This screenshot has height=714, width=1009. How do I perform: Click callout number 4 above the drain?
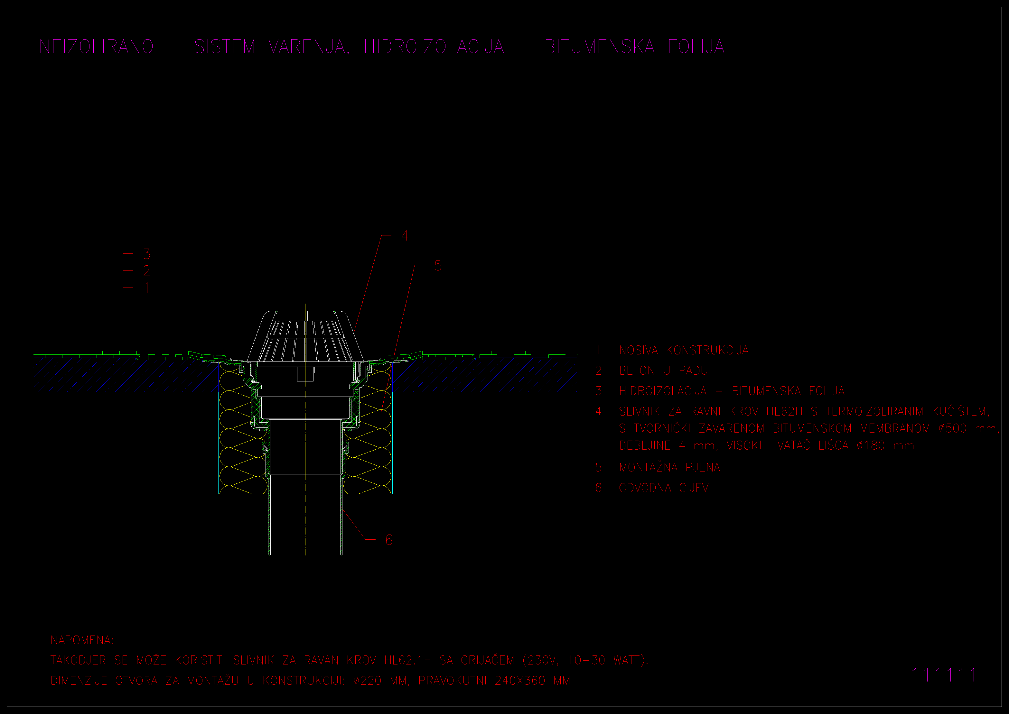pos(405,236)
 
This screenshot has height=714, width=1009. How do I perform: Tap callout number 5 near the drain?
pos(438,266)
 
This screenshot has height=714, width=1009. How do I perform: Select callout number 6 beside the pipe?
pos(389,540)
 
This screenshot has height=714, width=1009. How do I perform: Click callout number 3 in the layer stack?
pos(147,254)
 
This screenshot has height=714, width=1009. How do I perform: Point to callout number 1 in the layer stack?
pos(146,288)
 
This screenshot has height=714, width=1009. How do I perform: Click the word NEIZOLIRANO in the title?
pos(97,47)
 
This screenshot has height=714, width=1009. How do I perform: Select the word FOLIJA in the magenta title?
pos(696,47)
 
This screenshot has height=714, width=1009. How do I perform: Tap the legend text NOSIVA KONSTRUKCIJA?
pos(684,350)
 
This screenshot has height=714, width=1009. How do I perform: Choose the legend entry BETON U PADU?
pos(663,371)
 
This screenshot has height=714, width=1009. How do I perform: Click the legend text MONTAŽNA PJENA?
pos(669,467)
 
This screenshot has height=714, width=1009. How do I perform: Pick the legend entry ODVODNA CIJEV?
pos(664,488)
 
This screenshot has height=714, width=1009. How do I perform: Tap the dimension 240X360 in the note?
pos(520,681)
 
